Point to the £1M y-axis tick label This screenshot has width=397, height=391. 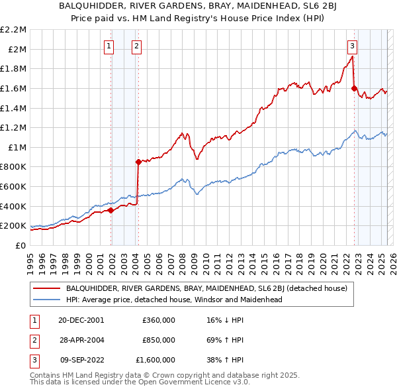click(18, 147)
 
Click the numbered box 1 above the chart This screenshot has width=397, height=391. click(108, 46)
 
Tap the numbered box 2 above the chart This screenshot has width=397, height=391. click(136, 46)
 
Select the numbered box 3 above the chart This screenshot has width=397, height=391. click(353, 46)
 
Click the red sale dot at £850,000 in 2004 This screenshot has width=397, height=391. click(138, 162)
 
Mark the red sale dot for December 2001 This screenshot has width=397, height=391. click(111, 210)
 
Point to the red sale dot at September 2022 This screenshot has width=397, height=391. click(355, 88)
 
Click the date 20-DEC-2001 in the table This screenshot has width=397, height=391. click(81, 320)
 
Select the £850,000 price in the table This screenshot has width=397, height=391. click(159, 340)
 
